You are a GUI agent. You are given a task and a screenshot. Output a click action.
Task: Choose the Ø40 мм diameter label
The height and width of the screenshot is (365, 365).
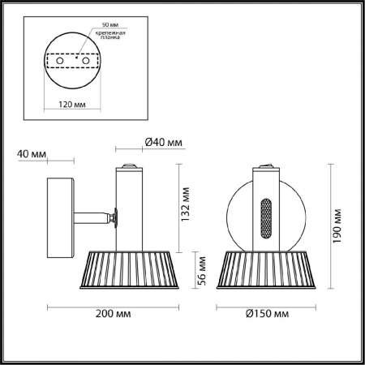tap(163, 143)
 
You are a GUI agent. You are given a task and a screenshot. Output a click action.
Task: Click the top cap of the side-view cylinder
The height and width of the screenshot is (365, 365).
tap(127, 169)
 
